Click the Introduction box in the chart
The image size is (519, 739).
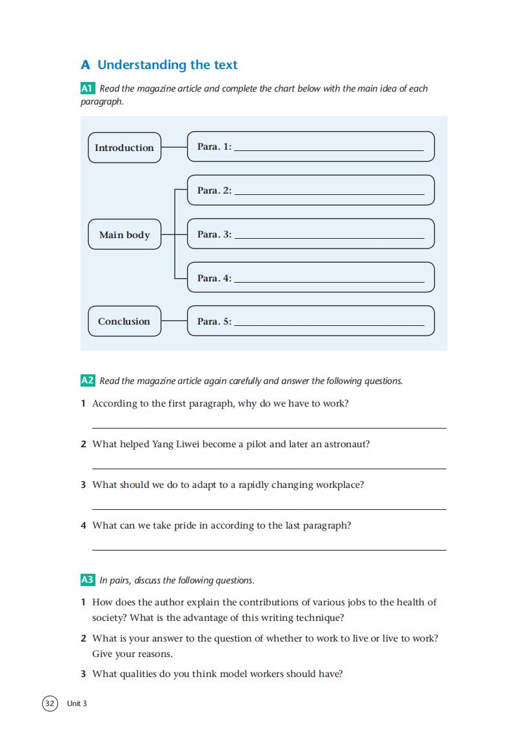tap(124, 148)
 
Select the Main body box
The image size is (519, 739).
tap(124, 235)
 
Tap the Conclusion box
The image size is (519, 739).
tap(124, 321)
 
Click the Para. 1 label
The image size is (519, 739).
tap(214, 147)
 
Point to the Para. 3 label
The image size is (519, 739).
tap(214, 234)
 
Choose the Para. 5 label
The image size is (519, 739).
tap(214, 321)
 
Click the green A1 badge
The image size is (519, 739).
tap(88, 88)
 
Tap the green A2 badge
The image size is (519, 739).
tap(88, 381)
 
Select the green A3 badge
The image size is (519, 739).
tap(88, 580)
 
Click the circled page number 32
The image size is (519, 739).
tap(50, 703)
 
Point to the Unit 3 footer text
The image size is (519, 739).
tap(77, 704)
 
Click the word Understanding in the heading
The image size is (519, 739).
tap(141, 65)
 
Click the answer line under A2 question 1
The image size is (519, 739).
tap(269, 427)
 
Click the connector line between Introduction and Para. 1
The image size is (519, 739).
tap(174, 147)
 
